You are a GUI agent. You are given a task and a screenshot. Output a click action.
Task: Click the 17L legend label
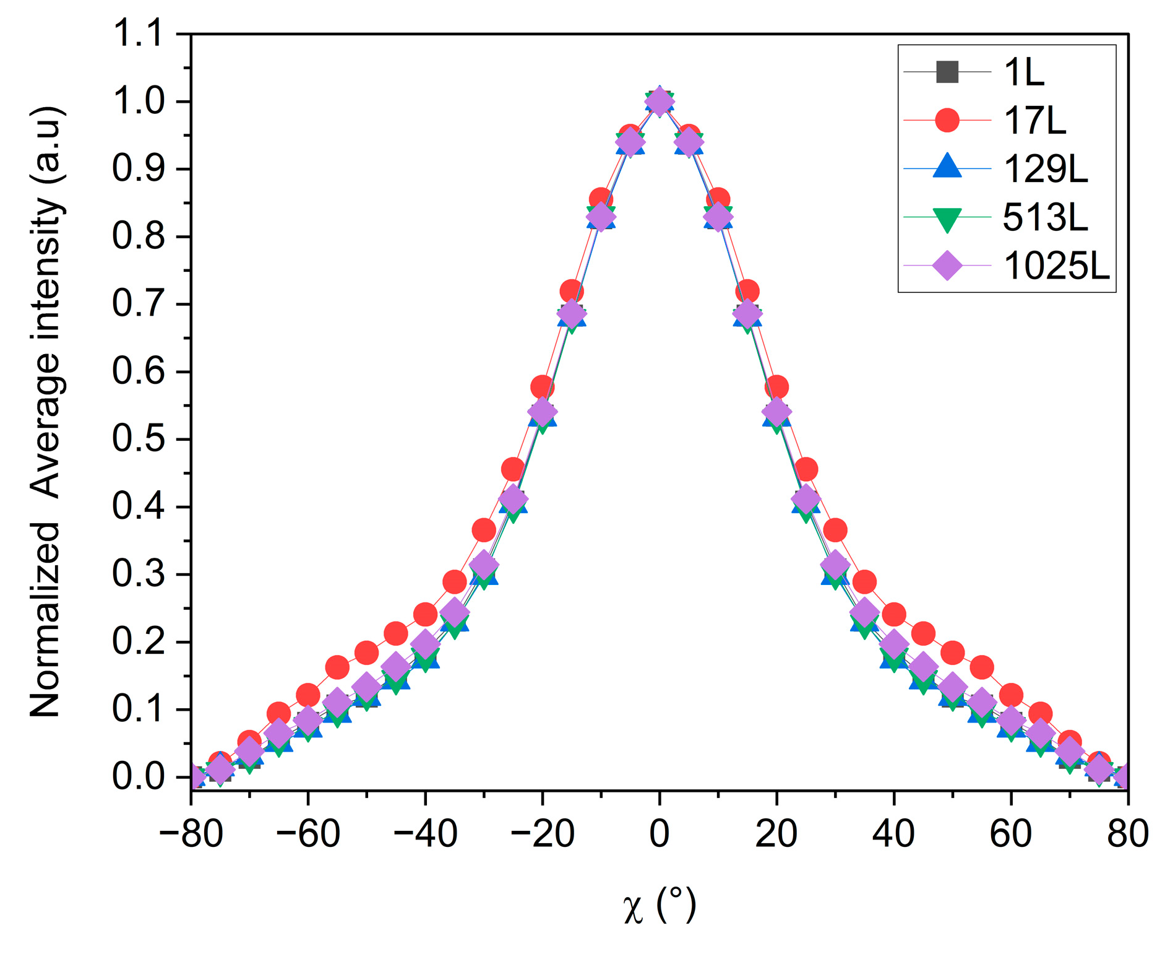coord(1034,121)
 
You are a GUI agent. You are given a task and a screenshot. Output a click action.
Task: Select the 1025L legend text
coord(1055,267)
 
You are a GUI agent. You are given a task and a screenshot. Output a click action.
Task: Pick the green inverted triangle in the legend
coord(947,219)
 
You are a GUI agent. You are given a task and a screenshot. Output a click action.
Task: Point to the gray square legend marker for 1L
coord(947,72)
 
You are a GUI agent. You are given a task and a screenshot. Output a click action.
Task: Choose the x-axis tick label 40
coord(893,833)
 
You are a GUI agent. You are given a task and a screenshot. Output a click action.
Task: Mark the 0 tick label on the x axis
coord(660,833)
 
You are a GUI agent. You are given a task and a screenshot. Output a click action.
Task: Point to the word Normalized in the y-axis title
coord(45,619)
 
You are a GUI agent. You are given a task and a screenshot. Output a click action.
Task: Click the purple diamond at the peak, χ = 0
coord(660,102)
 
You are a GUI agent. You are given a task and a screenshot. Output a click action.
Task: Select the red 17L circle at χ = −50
coord(366,653)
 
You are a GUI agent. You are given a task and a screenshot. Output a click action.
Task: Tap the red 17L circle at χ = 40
coord(894,615)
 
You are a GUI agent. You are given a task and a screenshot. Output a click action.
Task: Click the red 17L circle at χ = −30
coord(484,530)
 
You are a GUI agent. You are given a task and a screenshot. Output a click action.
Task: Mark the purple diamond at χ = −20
coord(543,412)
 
